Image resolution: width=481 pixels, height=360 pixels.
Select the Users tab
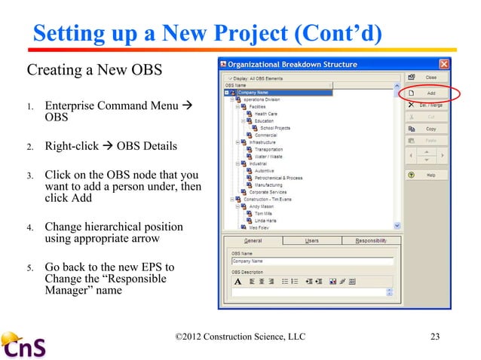point(311,240)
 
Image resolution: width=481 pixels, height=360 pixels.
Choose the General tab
point(253,240)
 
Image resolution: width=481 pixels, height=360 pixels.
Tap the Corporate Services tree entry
point(267,192)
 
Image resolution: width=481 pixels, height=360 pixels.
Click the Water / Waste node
point(269,156)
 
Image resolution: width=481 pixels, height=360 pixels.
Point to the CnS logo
point(24,346)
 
